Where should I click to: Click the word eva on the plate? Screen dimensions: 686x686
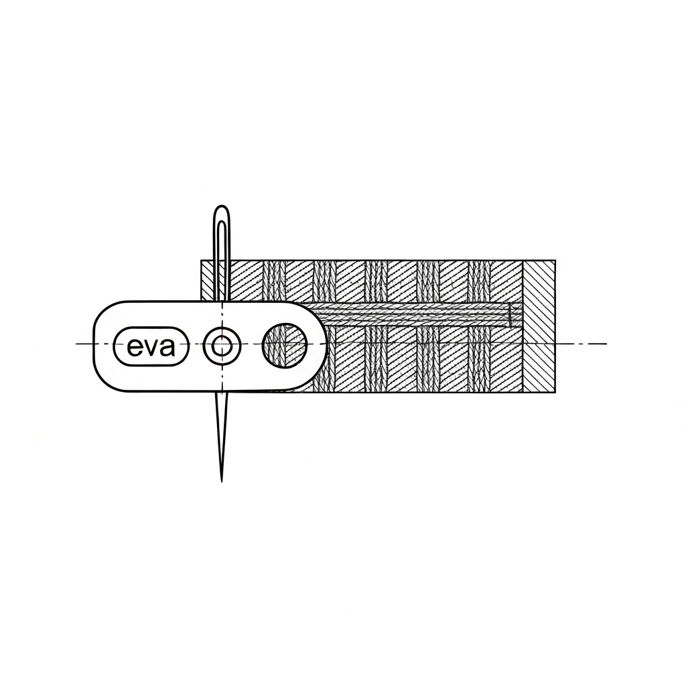click(x=150, y=347)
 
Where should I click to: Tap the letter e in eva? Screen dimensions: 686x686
click(x=134, y=347)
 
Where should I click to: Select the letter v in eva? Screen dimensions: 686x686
click(x=150, y=348)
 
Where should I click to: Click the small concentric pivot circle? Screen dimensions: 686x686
click(x=221, y=346)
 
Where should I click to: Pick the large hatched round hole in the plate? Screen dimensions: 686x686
click(x=285, y=346)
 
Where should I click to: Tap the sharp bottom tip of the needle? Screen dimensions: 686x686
click(x=221, y=479)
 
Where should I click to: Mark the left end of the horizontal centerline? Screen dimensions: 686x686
click(x=76, y=344)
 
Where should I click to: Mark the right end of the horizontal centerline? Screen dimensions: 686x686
click(x=606, y=344)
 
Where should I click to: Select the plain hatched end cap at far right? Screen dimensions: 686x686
click(x=539, y=326)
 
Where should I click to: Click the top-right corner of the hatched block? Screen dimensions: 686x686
click(x=555, y=260)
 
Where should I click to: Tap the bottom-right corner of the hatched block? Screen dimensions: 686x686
click(x=555, y=392)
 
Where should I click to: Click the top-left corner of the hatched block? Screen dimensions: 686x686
click(x=202, y=260)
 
